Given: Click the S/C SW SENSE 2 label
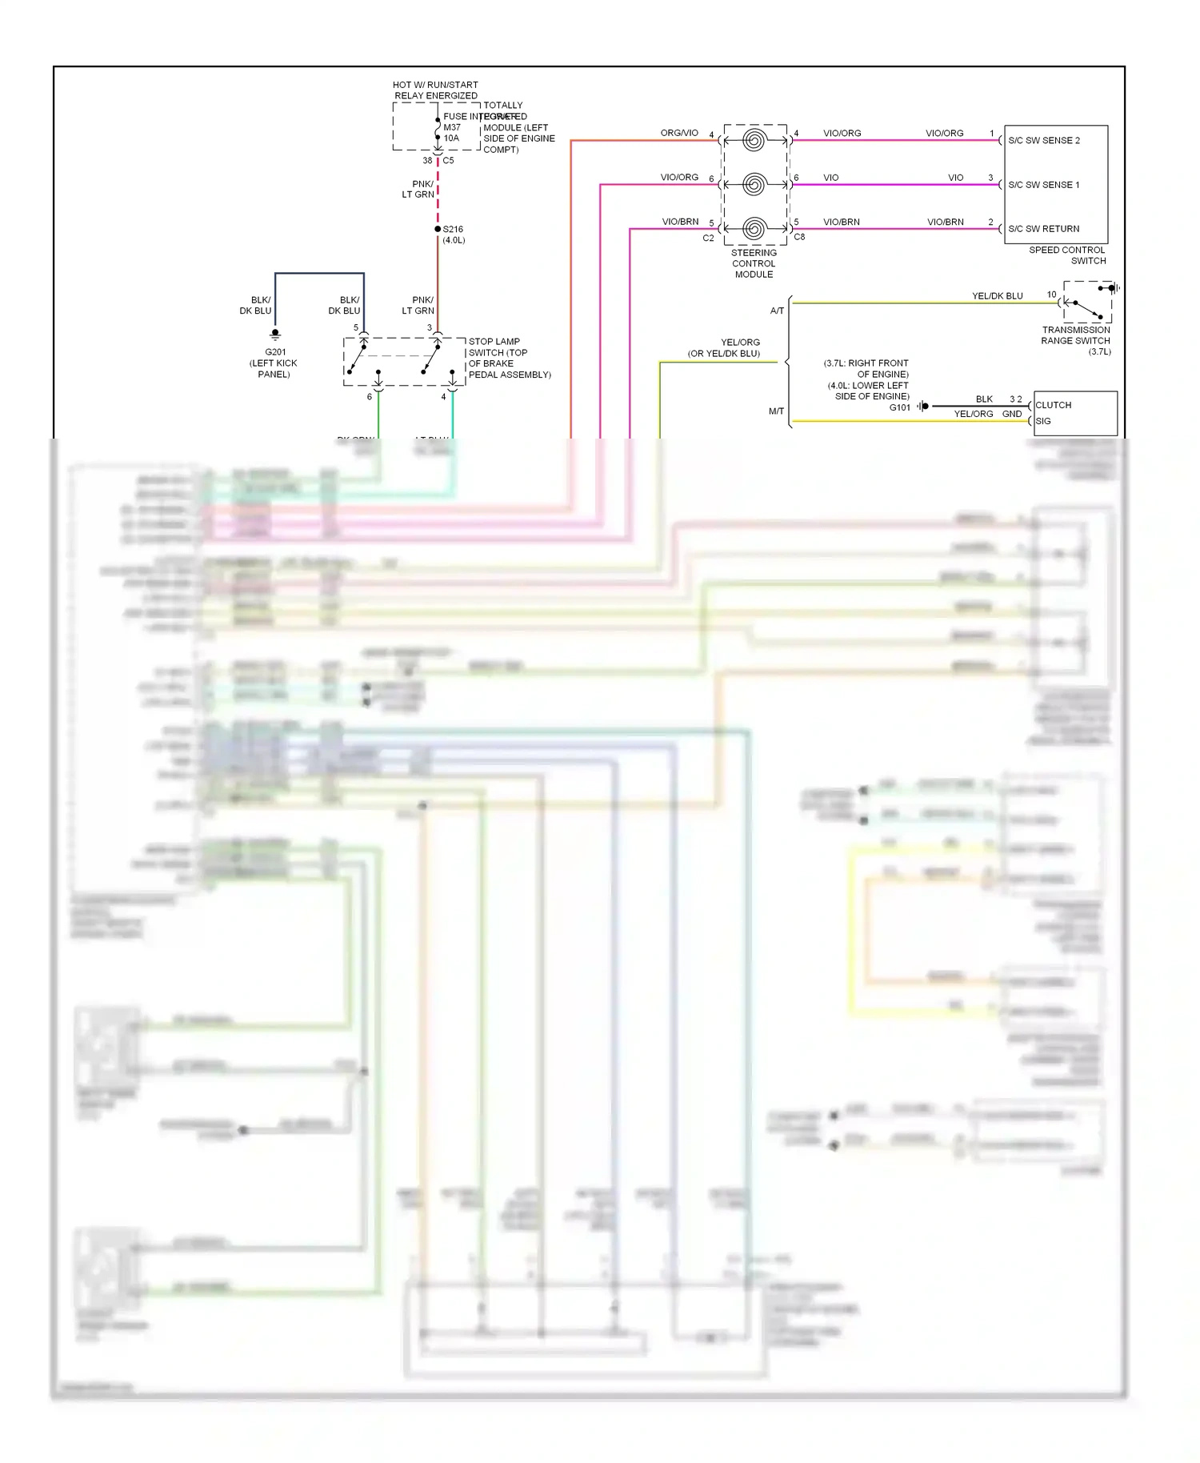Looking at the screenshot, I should (x=1043, y=141).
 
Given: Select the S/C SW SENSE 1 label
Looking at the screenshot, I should (x=1043, y=185).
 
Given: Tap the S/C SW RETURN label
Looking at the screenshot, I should (x=1043, y=229).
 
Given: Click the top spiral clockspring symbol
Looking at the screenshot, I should (x=754, y=141).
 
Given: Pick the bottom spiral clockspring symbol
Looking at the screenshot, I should (x=754, y=229).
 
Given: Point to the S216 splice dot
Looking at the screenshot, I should (x=438, y=229).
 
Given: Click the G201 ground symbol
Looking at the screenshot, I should (x=275, y=334).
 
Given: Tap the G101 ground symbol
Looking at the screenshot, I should (x=922, y=407).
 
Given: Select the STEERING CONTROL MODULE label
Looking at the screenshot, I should (x=754, y=263).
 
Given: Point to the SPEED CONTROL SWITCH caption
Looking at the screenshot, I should (x=1066, y=255).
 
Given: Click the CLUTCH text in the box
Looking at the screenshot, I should (x=1053, y=405).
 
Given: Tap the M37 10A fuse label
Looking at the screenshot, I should (x=452, y=133).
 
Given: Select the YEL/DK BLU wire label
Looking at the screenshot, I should (x=997, y=296).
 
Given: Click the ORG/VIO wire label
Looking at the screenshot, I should (x=679, y=133).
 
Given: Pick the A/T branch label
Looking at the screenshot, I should (x=777, y=311).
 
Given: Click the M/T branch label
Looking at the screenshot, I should (x=776, y=411).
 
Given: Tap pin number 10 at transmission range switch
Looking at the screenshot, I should (x=1051, y=295).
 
